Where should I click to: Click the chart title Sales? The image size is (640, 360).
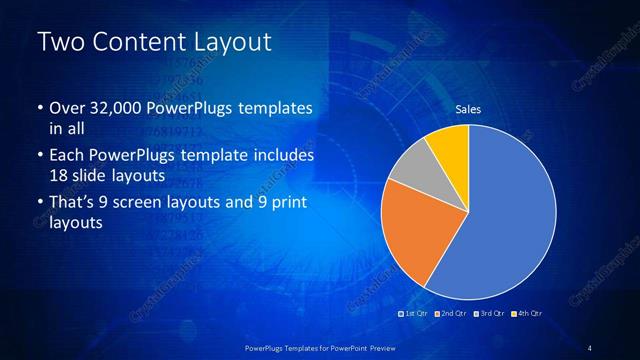pyautogui.click(x=468, y=109)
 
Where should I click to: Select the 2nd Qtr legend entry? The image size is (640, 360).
pyautogui.click(x=451, y=314)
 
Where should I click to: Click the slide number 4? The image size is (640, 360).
pyautogui.click(x=590, y=347)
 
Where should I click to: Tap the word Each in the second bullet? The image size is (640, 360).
pyautogui.click(x=67, y=156)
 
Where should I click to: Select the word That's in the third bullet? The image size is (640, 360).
pyautogui.click(x=73, y=203)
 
